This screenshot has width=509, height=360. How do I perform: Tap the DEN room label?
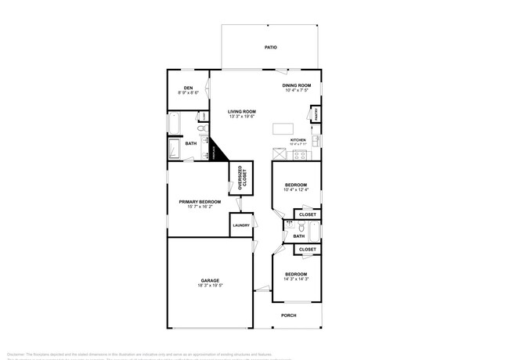pos(188,88)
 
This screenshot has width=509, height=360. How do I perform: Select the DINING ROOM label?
pos(297,85)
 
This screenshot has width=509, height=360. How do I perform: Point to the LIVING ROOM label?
pos(242,112)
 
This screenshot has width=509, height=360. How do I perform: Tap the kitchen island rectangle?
pos(283,129)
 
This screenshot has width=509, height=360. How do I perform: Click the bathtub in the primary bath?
pos(175,124)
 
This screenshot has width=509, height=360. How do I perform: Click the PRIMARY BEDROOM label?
pos(200,202)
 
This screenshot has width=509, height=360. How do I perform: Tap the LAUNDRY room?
pos(240,225)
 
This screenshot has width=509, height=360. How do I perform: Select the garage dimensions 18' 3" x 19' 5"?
pos(209,286)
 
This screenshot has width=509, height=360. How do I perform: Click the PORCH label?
pos(289,316)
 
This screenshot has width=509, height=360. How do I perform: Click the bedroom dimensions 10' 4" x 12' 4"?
pos(296,189)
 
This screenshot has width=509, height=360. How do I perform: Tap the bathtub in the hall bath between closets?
pos(313,232)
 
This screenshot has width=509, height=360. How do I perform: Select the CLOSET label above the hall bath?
pos(308,214)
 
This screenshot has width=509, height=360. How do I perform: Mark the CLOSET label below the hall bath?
pos(308,250)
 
